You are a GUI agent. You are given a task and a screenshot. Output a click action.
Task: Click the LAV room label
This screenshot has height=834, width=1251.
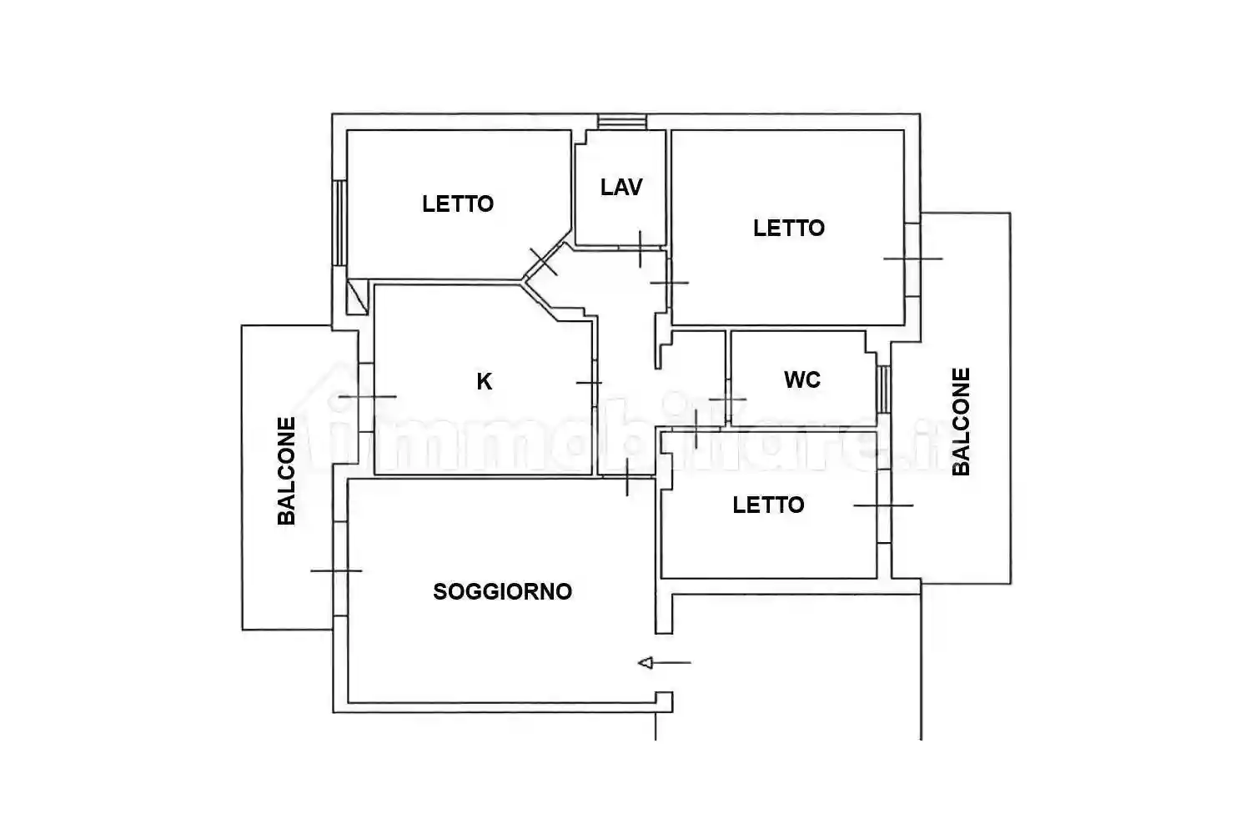coord(621,187)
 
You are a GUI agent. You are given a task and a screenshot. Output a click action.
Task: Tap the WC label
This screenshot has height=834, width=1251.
coord(802,380)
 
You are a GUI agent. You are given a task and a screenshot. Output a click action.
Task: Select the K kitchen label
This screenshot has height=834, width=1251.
coord(485,382)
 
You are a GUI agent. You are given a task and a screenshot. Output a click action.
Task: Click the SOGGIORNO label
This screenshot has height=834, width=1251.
coord(502,592)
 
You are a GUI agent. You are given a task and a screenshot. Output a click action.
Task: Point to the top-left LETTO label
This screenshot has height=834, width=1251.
coord(458,203)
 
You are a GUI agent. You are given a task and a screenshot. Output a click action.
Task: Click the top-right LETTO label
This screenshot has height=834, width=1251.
coord(789,228)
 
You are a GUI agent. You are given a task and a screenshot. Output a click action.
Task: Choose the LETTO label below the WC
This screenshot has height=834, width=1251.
coord(768,505)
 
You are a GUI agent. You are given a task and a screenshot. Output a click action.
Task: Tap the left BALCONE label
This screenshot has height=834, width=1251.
coord(287,470)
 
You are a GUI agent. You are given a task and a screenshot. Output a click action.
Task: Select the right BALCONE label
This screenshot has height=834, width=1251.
coord(961,421)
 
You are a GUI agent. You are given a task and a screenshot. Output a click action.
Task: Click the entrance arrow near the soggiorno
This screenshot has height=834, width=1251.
coord(664,663)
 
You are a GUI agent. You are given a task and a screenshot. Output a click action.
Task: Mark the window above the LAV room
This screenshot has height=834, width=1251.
coord(622,122)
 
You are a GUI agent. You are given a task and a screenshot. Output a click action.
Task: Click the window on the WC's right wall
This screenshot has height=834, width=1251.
coord(884,389)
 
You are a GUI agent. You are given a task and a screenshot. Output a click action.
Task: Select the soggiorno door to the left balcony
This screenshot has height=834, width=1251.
coord(338,570)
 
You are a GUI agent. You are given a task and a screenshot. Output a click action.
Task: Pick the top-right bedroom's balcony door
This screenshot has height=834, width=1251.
coord(913,259)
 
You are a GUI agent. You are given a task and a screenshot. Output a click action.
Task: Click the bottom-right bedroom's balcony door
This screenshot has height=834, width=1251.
coord(884,505)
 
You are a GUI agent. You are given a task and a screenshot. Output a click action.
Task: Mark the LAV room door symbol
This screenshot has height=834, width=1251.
coord(640,249)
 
